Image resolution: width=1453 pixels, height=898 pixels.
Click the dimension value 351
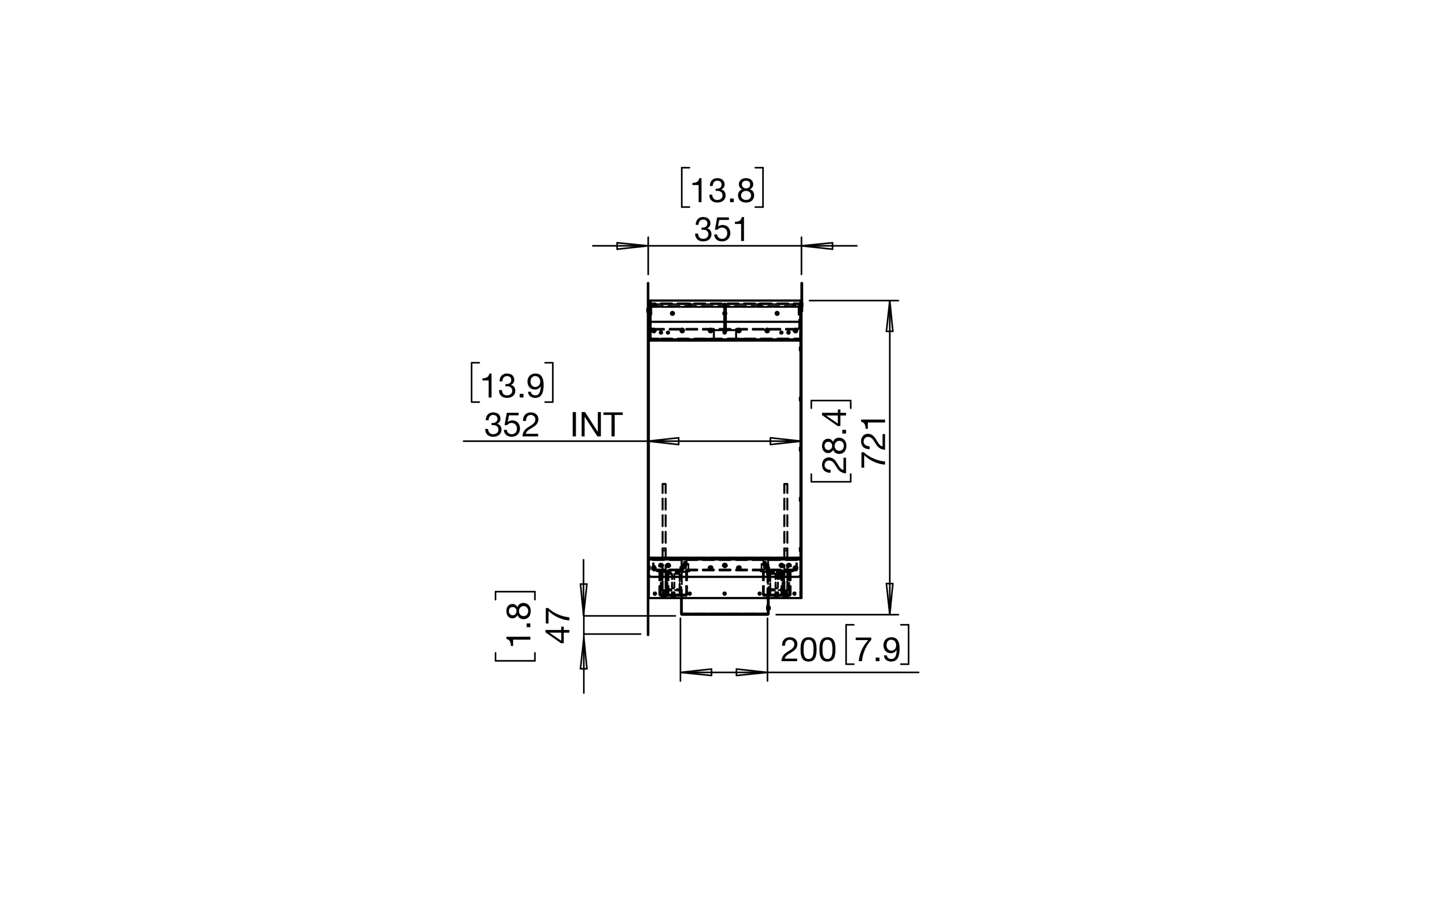721,230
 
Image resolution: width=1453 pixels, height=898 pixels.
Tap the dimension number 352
512,425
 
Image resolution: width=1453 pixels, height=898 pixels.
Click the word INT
597,425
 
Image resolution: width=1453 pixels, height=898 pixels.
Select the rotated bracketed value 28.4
835,441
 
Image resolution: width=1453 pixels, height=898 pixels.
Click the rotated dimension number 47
558,626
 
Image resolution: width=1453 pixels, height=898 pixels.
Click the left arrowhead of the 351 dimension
633,246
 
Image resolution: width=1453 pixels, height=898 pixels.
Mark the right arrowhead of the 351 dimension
817,246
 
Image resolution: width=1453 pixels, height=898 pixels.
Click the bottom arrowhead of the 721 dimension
889,599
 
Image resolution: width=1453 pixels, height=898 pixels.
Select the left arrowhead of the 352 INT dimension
664,441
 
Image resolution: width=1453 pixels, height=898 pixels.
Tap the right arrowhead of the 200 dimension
752,672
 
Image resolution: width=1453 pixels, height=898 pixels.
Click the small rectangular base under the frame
724,609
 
